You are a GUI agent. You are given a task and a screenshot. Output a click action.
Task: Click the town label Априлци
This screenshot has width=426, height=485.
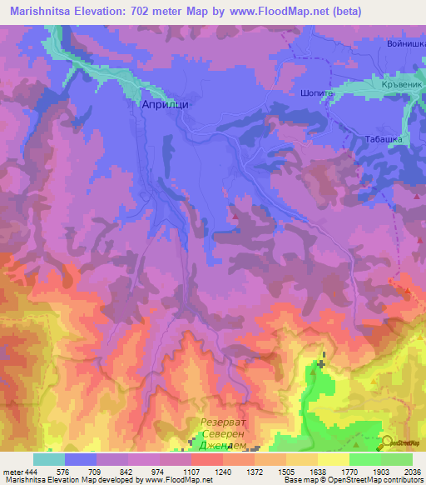(161, 106)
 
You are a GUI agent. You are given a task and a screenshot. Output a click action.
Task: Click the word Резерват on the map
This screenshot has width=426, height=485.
(226, 423)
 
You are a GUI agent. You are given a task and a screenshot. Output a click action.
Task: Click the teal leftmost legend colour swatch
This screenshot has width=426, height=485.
(48, 459)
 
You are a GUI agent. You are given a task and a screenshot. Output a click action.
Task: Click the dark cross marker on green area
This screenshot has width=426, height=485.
(321, 364)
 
